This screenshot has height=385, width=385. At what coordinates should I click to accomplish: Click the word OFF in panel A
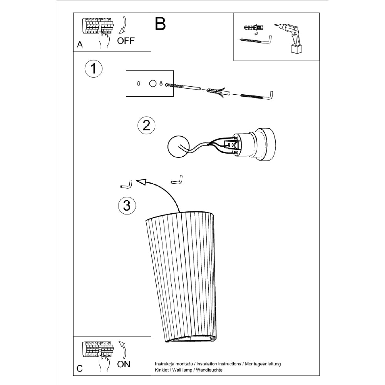pyautogui.click(x=126, y=41)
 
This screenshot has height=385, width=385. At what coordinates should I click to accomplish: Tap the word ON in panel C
pyautogui.click(x=124, y=364)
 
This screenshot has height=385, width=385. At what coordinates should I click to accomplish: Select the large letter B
pyautogui.click(x=160, y=24)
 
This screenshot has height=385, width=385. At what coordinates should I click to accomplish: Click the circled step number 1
pyautogui.click(x=93, y=69)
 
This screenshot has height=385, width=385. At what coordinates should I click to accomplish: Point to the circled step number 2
pyautogui.click(x=146, y=125)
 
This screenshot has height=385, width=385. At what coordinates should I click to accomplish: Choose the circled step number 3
pyautogui.click(x=127, y=205)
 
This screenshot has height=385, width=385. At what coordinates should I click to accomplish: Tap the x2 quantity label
pyautogui.click(x=256, y=34)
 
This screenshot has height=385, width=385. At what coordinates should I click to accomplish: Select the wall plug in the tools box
pyautogui.click(x=253, y=27)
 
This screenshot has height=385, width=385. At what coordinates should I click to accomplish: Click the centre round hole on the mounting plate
pyautogui.click(x=153, y=84)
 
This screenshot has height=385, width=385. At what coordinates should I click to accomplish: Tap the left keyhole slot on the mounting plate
pyautogui.click(x=139, y=84)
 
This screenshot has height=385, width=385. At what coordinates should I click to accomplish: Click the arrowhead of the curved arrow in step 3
pyautogui.click(x=141, y=182)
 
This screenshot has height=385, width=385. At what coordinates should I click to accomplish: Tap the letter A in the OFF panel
pyautogui.click(x=80, y=44)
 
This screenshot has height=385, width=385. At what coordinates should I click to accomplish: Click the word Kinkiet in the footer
pyautogui.click(x=162, y=370)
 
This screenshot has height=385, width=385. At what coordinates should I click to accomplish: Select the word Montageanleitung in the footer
pyautogui.click(x=263, y=364)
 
